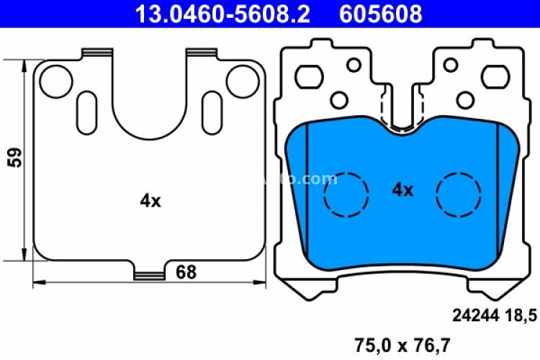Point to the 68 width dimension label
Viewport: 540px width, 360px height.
tap(186, 272)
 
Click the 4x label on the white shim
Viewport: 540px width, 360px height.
tap(150, 202)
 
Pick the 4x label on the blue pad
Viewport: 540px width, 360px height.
tap(402, 190)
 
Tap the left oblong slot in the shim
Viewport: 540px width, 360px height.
tap(85, 109)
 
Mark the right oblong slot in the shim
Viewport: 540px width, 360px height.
tap(213, 109)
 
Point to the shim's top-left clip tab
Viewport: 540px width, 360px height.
tap(98, 53)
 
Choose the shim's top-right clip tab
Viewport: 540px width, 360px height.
tap(202, 53)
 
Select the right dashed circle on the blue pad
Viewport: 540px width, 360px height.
tap(459, 194)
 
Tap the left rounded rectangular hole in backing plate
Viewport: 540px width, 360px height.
tap(311, 73)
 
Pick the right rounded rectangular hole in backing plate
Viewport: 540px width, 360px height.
tap(494, 73)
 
